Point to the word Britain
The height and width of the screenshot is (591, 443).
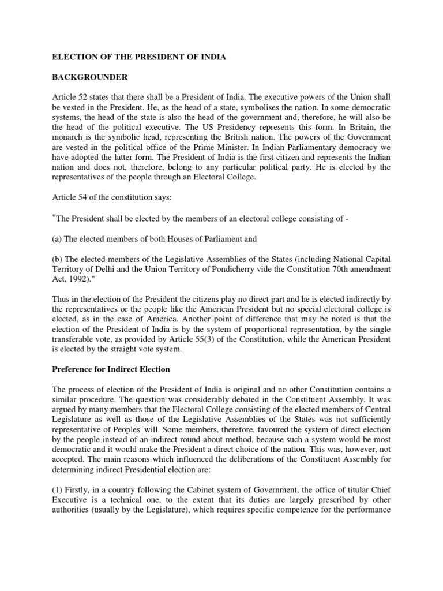point(362,126)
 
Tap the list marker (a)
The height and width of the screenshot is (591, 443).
point(59,238)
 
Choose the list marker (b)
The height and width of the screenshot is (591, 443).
point(59,258)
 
